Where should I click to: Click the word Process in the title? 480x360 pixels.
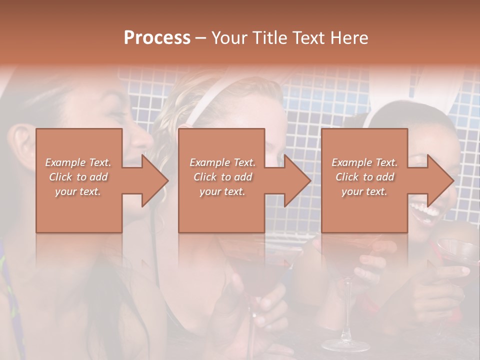[157, 38]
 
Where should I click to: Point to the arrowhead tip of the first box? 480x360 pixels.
[167, 180]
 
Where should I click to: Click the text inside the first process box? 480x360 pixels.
[78, 176]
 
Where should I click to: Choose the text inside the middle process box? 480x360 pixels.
[222, 176]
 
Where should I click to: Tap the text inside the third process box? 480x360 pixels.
[364, 176]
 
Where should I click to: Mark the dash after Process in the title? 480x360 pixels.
[200, 38]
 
